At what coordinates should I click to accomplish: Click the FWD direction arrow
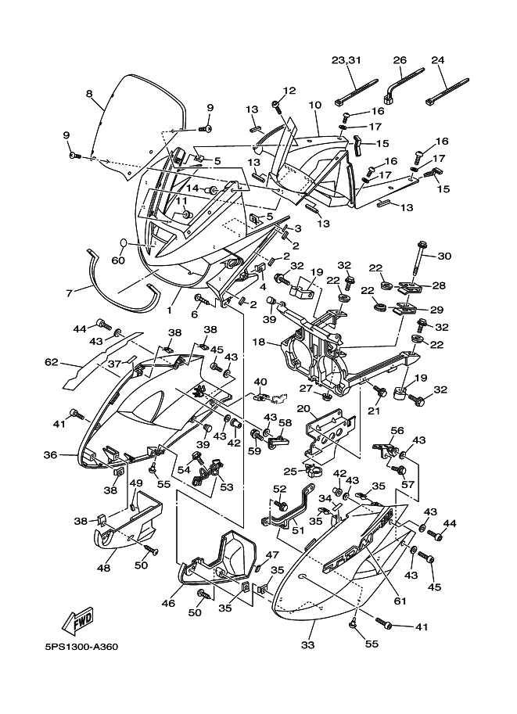[x=81, y=621]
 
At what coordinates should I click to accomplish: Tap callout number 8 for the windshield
[x=89, y=95]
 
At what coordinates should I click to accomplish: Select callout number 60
[x=118, y=260]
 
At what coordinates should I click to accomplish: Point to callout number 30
[x=444, y=256]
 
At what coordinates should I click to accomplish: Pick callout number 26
[x=400, y=60]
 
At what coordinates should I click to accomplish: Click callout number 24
[x=438, y=60]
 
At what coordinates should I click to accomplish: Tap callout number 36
[x=49, y=454]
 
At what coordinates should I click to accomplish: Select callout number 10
[x=314, y=104]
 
